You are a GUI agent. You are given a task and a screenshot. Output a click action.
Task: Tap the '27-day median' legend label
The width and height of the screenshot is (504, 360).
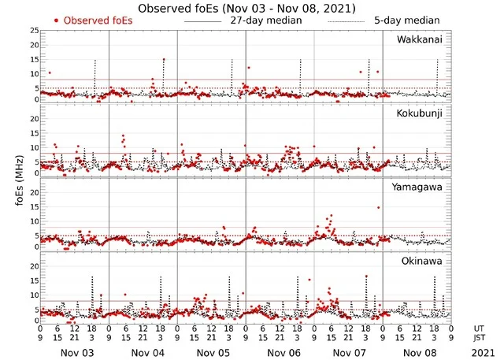point(267,20)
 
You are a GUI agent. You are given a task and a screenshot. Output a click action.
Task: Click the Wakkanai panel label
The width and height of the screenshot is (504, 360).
point(421,39)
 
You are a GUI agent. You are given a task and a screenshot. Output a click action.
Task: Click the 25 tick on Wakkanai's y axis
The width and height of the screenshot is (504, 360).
point(33,31)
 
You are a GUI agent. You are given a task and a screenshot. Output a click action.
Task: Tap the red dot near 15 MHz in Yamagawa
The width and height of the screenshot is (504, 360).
point(378,207)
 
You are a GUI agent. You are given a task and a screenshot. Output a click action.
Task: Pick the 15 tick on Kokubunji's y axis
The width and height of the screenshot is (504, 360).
point(33,133)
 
